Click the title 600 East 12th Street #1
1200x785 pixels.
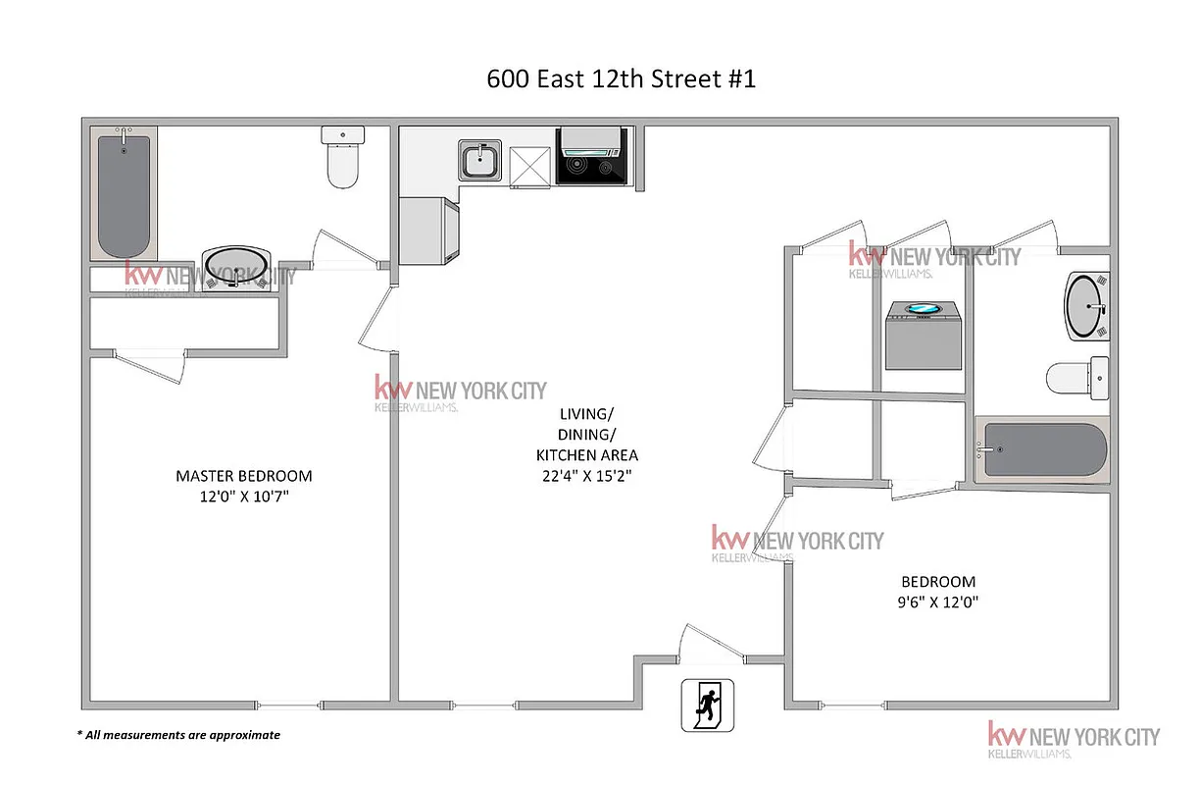click(621, 79)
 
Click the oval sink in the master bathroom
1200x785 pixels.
click(236, 270)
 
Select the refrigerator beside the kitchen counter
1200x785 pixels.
click(429, 230)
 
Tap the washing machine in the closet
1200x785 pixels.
click(923, 335)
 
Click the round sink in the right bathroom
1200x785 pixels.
click(1086, 306)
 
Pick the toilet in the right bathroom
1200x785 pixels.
click(1076, 376)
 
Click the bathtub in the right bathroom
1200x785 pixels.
click(1043, 450)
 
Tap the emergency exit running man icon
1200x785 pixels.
click(707, 704)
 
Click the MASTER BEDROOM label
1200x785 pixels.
click(244, 476)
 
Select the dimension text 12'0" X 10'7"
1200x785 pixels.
click(244, 497)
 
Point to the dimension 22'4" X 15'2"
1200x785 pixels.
click(587, 476)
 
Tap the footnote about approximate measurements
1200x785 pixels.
click(178, 735)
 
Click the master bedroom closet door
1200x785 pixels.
click(150, 365)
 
